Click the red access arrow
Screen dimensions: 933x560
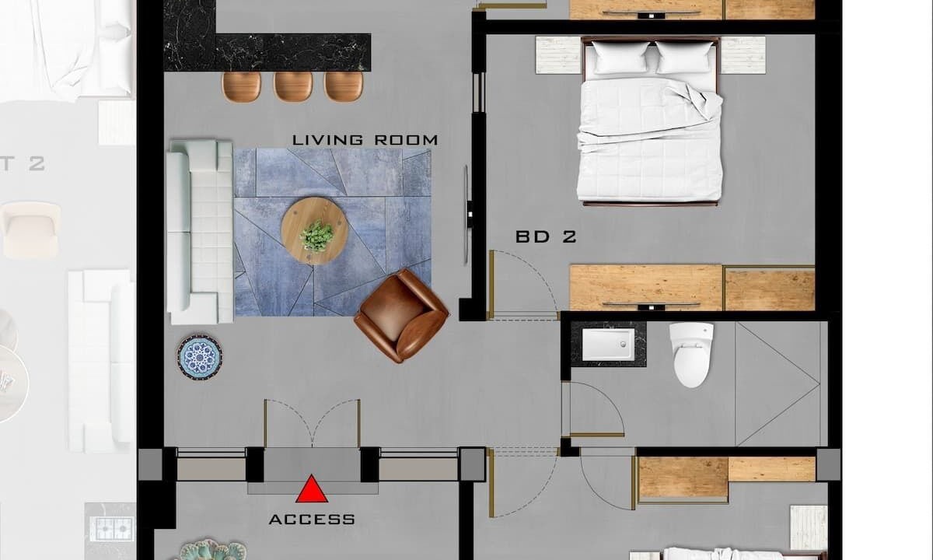(x=312, y=489)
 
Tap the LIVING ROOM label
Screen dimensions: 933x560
(x=365, y=140)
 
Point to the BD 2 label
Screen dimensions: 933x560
(x=546, y=236)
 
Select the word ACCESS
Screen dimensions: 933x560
(x=312, y=520)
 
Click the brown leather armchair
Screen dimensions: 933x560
(x=401, y=316)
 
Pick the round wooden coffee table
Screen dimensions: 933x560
(x=314, y=231)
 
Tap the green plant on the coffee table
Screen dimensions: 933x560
(x=317, y=236)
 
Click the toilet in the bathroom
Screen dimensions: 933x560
(x=691, y=355)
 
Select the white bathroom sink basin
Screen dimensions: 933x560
(x=608, y=344)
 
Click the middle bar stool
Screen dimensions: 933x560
(x=293, y=86)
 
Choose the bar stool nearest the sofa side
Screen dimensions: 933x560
(x=242, y=86)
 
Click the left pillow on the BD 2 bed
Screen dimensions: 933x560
(x=619, y=57)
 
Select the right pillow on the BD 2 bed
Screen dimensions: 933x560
(x=684, y=57)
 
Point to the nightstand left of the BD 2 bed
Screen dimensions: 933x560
(x=558, y=55)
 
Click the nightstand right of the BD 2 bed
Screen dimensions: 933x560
(x=743, y=55)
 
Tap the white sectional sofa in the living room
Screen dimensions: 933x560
(x=200, y=232)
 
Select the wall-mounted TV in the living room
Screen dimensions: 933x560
(x=468, y=215)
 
